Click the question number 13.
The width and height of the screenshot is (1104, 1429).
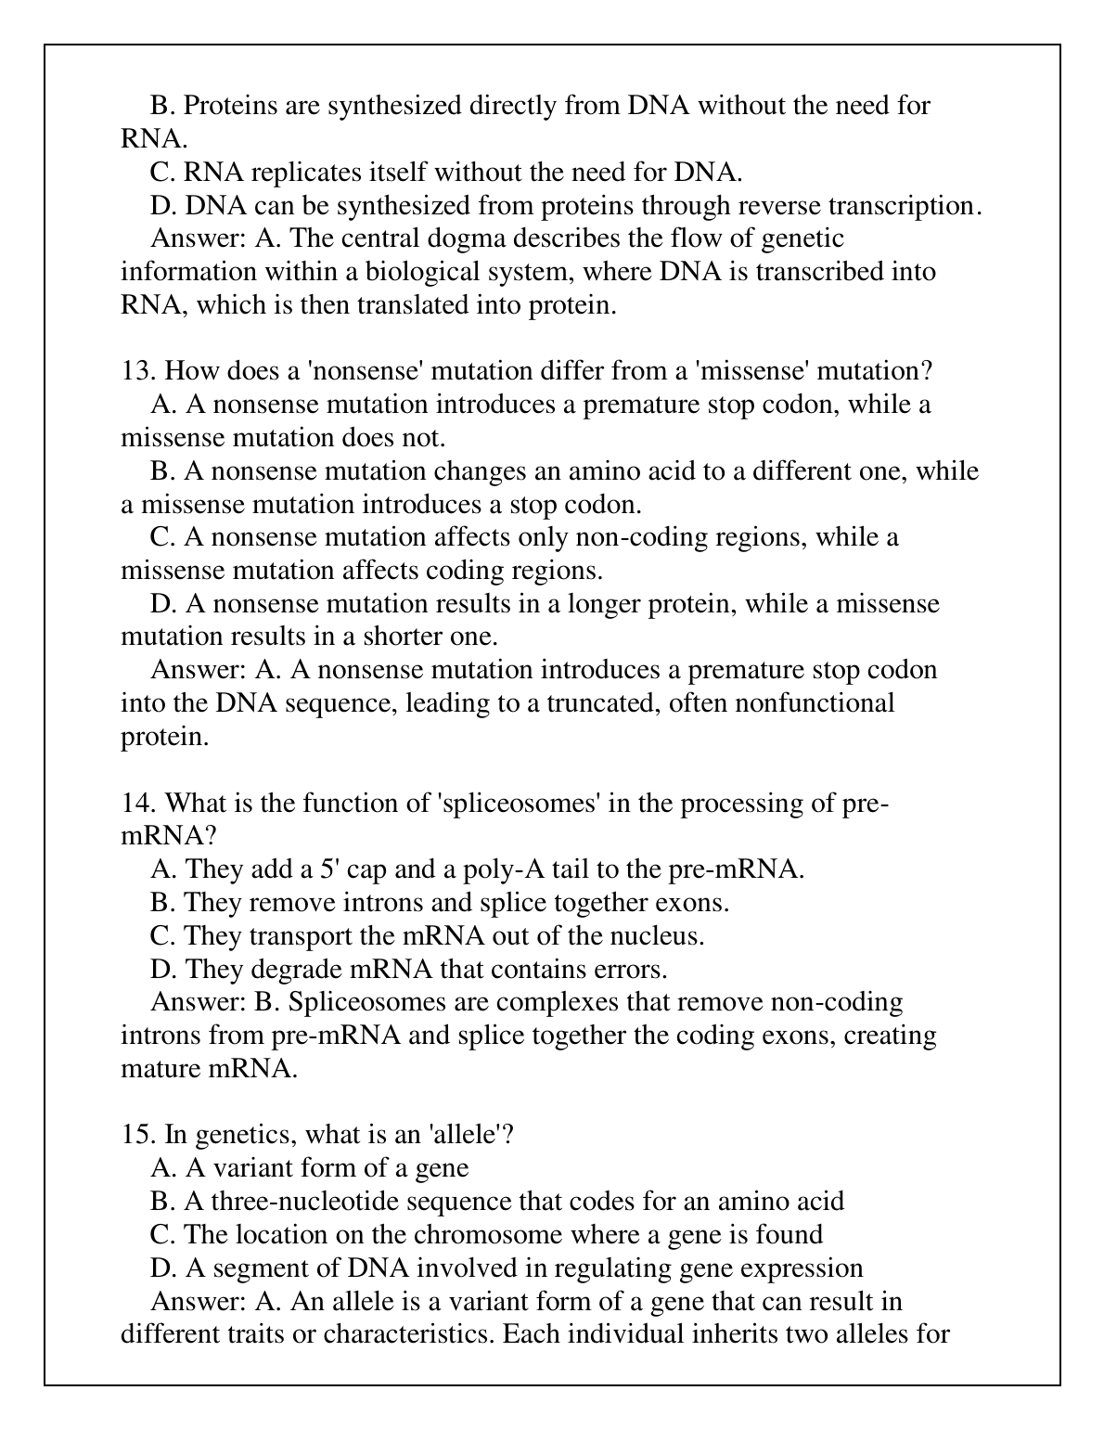138,371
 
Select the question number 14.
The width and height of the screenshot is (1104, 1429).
138,803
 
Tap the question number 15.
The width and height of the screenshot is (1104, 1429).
138,1134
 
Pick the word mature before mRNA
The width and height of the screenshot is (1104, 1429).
163,1068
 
